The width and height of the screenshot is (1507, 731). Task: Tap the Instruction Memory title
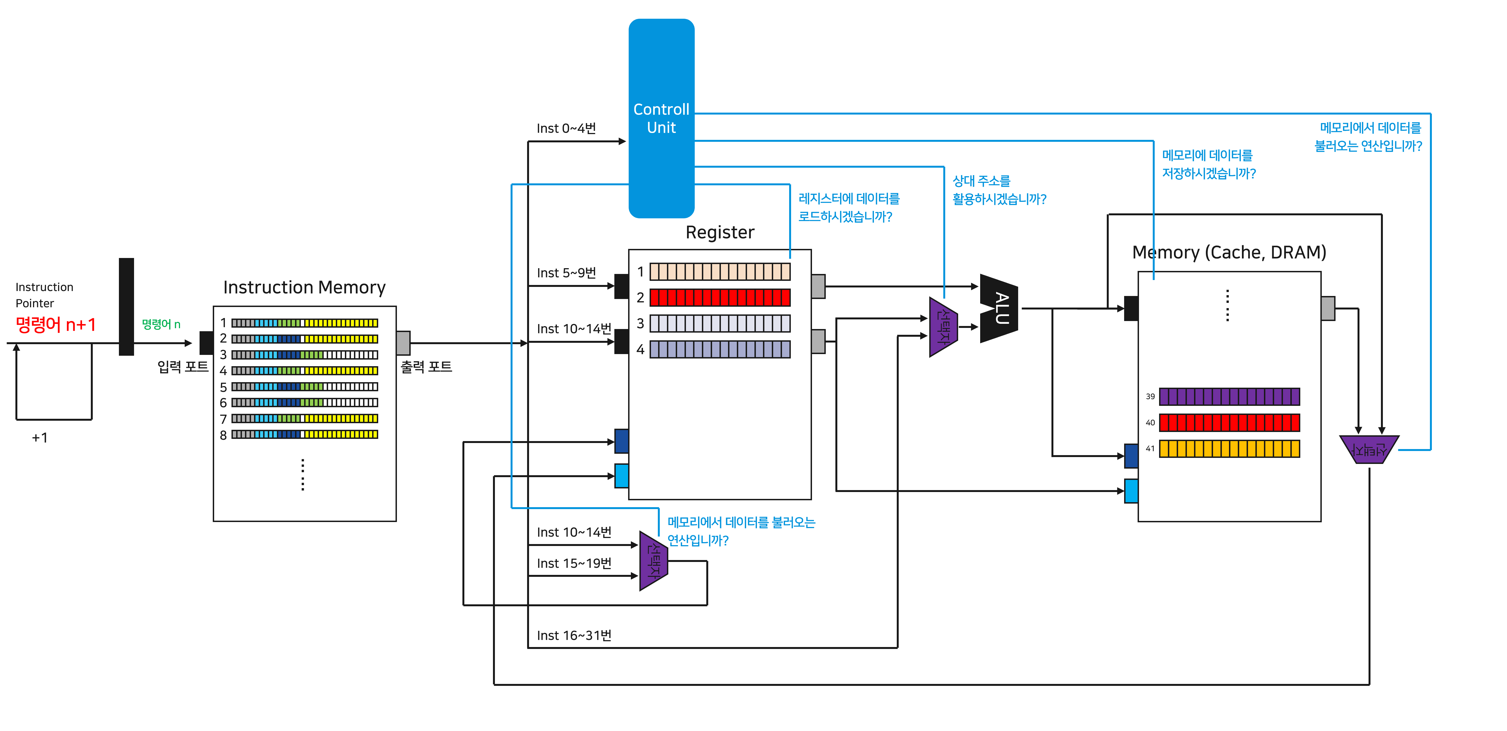304,287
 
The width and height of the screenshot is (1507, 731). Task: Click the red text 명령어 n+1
56,324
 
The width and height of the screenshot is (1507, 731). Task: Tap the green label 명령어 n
161,324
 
